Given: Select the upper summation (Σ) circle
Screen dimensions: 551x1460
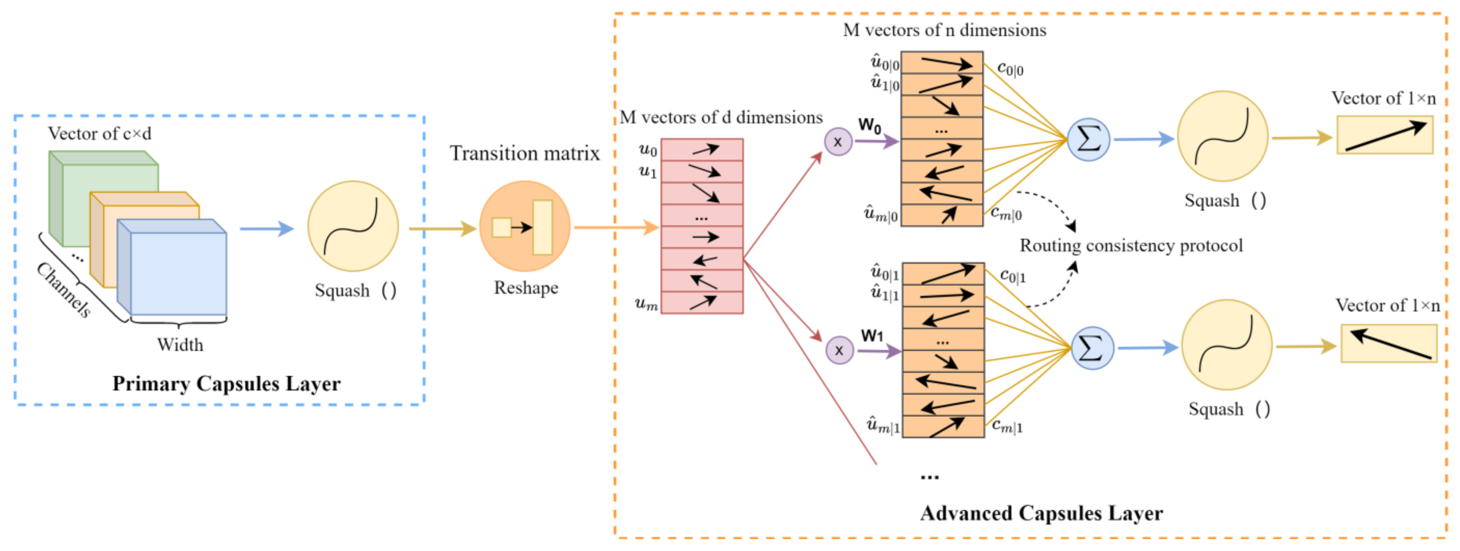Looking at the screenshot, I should pyautogui.click(x=1088, y=139).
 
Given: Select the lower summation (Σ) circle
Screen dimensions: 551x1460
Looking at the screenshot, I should pyautogui.click(x=1092, y=348).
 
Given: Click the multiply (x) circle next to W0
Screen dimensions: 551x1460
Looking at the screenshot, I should pyautogui.click(x=838, y=142).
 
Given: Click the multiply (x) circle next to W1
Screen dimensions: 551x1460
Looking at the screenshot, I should pyautogui.click(x=839, y=350).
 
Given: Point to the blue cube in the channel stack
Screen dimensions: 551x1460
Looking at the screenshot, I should pyautogui.click(x=177, y=273).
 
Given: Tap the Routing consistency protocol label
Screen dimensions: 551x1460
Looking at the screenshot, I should pyautogui.click(x=1131, y=246).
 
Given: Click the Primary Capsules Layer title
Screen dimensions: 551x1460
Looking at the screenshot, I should pyautogui.click(x=226, y=384).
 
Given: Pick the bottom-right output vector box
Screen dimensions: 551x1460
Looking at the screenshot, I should pyautogui.click(x=1389, y=343).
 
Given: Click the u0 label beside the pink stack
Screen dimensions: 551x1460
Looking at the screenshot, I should pyautogui.click(x=648, y=150).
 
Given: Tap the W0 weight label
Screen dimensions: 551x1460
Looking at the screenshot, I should pyautogui.click(x=869, y=125).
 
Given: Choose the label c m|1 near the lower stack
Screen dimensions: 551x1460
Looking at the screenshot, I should pyautogui.click(x=1006, y=426).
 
